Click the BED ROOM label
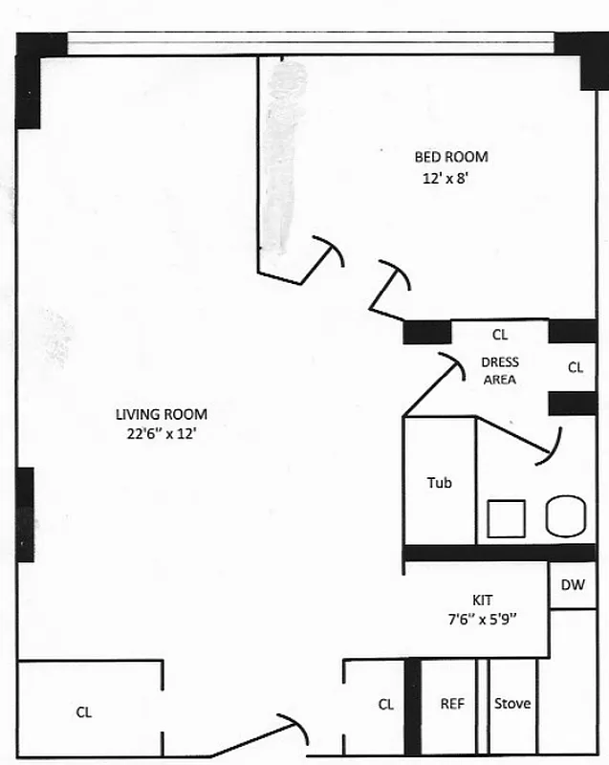(x=450, y=157)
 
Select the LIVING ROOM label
(x=161, y=414)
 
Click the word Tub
(x=439, y=483)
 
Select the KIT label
(x=482, y=600)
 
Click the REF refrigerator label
(x=451, y=704)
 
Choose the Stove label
(x=512, y=704)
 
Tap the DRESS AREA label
(x=499, y=371)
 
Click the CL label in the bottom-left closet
(x=84, y=711)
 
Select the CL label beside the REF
(x=385, y=705)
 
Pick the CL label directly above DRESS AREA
(x=499, y=335)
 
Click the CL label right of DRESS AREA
(x=576, y=367)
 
